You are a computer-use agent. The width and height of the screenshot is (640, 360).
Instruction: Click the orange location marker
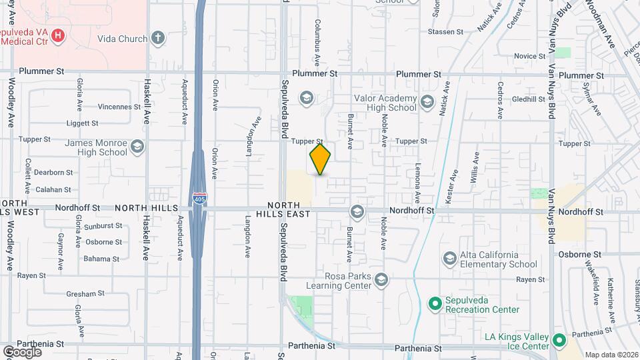click(x=320, y=159)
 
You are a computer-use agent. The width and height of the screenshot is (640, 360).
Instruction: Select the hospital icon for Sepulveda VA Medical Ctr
click(x=58, y=35)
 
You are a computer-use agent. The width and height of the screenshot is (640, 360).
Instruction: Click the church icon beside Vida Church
click(x=158, y=37)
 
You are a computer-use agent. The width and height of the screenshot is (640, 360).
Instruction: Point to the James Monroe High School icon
click(x=137, y=145)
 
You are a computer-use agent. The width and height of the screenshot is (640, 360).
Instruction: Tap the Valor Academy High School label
click(x=385, y=103)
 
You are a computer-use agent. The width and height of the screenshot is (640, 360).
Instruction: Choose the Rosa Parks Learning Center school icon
click(x=381, y=278)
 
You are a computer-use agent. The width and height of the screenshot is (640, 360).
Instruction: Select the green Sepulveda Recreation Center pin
click(x=435, y=304)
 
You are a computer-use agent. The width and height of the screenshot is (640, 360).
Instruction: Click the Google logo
click(x=22, y=351)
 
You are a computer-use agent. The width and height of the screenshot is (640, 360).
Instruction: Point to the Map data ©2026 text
click(x=611, y=355)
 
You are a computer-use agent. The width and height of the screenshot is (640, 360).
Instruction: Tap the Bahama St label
click(x=101, y=259)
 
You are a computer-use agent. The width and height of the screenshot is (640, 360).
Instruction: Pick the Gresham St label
click(x=85, y=294)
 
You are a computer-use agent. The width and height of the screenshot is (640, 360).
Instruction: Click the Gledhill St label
click(x=529, y=99)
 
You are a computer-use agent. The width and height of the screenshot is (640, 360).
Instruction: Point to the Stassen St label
click(x=445, y=31)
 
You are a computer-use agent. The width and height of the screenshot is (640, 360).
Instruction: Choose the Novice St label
click(x=530, y=57)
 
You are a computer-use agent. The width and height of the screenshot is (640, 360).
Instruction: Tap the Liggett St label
click(x=82, y=123)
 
